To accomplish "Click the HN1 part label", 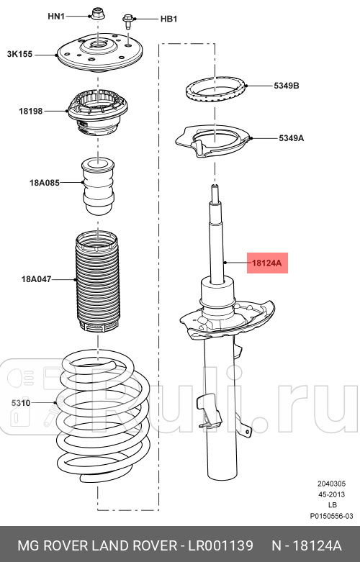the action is coord(56,16).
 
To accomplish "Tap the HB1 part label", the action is coord(168,19).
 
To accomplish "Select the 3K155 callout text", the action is coord(19,54).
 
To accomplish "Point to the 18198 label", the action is coord(31,111).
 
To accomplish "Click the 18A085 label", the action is coord(45,183).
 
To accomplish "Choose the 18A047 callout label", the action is coord(37,279).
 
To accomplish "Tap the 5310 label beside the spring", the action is coord(21,403).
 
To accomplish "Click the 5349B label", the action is coord(287,86).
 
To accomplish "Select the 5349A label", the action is coord(291,138).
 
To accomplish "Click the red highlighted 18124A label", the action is coord(268,263).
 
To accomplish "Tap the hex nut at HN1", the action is coord(96,14).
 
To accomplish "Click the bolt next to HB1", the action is coord(128,22).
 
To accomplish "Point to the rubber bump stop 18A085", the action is coord(98,186).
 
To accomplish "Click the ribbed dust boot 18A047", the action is coord(97,281).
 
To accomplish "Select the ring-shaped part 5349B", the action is coord(215,90).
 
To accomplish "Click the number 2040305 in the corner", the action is coord(331,484).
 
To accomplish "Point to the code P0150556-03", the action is coord(331,516).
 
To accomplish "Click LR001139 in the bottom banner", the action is coord(221,545).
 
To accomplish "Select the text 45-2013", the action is coord(332,494).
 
